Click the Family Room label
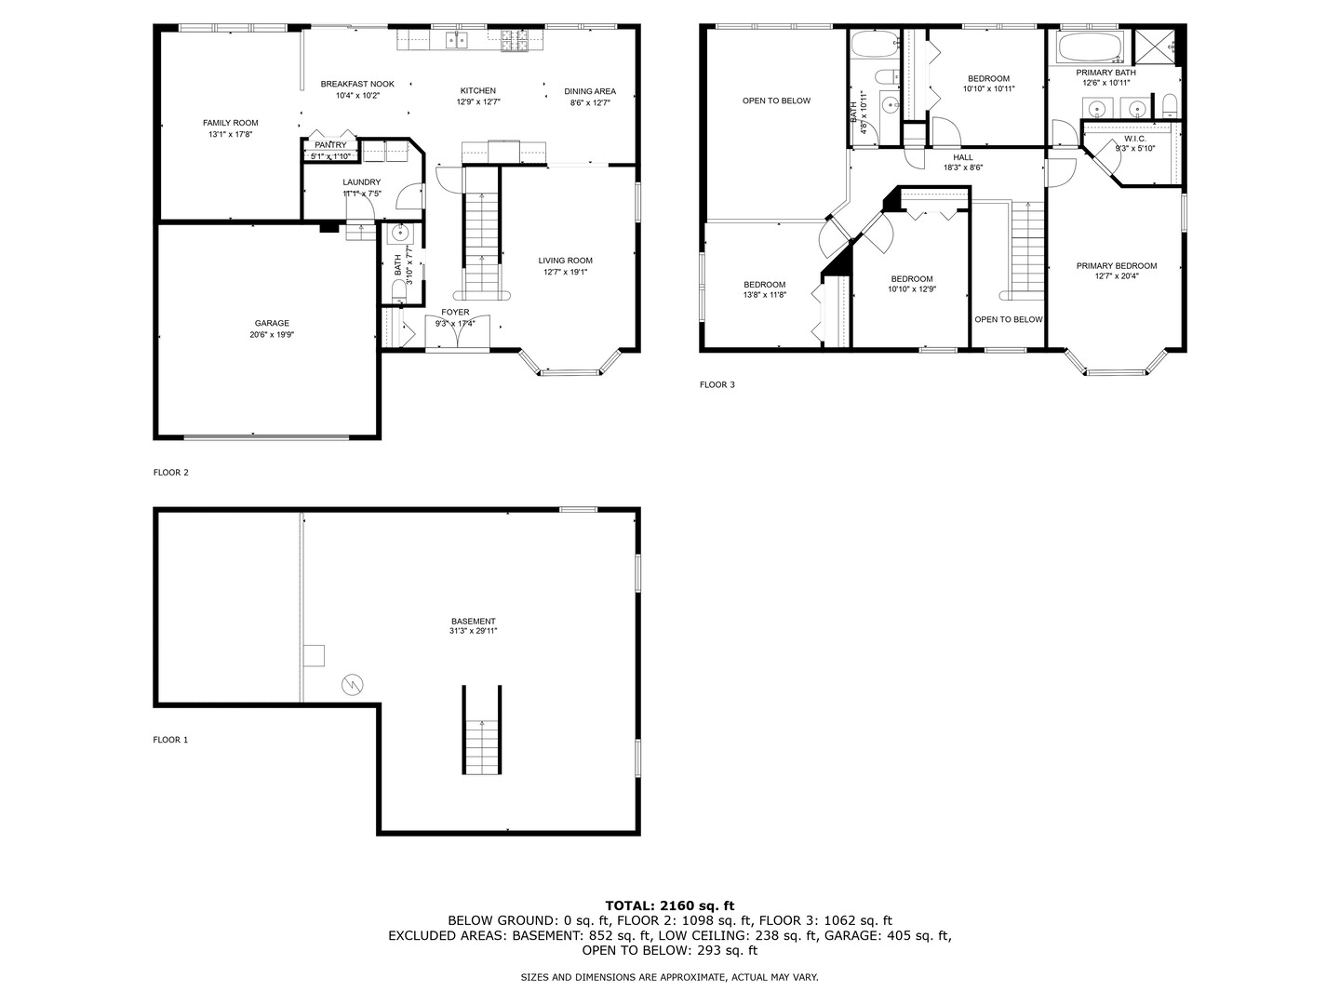point(231,123)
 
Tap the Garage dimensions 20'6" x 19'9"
point(272,335)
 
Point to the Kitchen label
point(478,90)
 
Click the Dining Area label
point(590,91)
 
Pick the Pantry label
point(330,145)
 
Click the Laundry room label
point(361,182)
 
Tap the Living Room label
point(565,261)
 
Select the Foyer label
point(455,312)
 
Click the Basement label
point(474,622)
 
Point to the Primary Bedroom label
point(1117,266)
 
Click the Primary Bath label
point(1105,73)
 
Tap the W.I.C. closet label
point(1134,139)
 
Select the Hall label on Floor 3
point(963,157)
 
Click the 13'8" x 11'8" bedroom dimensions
point(764,295)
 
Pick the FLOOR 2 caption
point(171,473)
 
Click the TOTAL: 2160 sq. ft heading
point(669,905)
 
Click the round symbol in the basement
point(353,685)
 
